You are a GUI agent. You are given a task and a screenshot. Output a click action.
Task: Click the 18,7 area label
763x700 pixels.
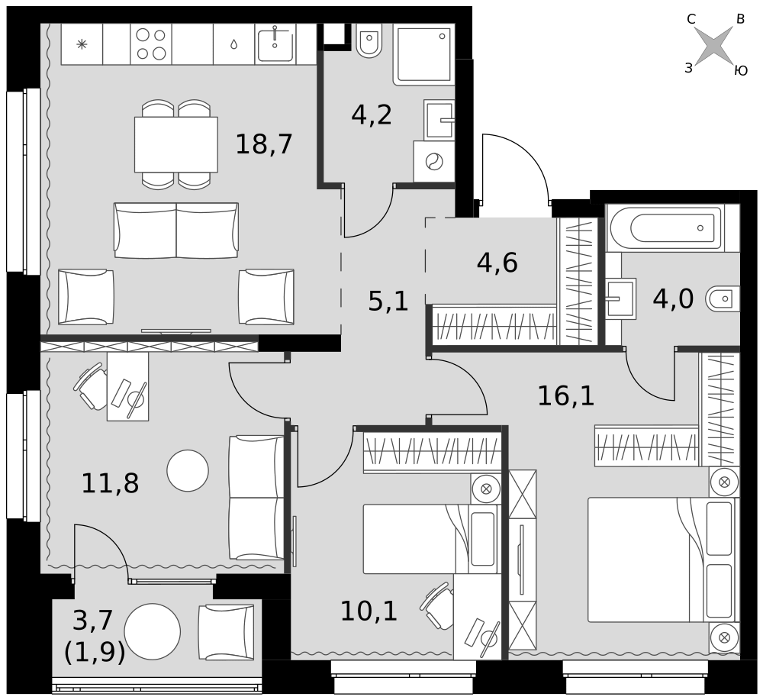click(264, 144)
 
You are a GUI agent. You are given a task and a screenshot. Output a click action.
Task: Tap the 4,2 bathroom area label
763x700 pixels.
click(372, 115)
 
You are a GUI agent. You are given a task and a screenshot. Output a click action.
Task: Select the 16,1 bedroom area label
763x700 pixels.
click(566, 395)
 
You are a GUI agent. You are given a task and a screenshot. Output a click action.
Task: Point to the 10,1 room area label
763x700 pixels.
click(369, 611)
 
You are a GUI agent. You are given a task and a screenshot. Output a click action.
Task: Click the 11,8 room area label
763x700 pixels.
click(110, 484)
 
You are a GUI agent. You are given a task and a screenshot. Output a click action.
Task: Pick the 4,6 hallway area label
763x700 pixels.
click(497, 263)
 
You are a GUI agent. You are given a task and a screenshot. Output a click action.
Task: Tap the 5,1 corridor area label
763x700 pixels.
click(388, 302)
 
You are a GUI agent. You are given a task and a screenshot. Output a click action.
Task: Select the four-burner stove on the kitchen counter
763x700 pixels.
click(151, 44)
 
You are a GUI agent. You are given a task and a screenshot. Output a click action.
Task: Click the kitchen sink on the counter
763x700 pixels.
click(275, 44)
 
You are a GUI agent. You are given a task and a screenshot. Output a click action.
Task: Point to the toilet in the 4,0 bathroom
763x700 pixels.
click(722, 298)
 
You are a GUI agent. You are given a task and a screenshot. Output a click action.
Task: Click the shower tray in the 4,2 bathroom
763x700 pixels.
click(423, 54)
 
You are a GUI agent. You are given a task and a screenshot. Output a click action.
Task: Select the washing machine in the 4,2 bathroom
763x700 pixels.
click(434, 162)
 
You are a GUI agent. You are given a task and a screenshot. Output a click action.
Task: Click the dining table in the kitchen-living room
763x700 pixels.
click(176, 144)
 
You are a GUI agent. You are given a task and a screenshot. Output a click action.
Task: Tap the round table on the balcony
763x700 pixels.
click(153, 631)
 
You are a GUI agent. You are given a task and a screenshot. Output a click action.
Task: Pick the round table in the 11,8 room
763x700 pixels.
click(188, 471)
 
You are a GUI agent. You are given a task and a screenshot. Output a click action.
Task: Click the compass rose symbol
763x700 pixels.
click(714, 46)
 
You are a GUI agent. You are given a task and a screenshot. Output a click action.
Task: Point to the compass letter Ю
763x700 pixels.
click(741, 71)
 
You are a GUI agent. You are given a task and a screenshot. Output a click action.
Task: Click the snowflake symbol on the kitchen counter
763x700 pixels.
click(82, 44)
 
